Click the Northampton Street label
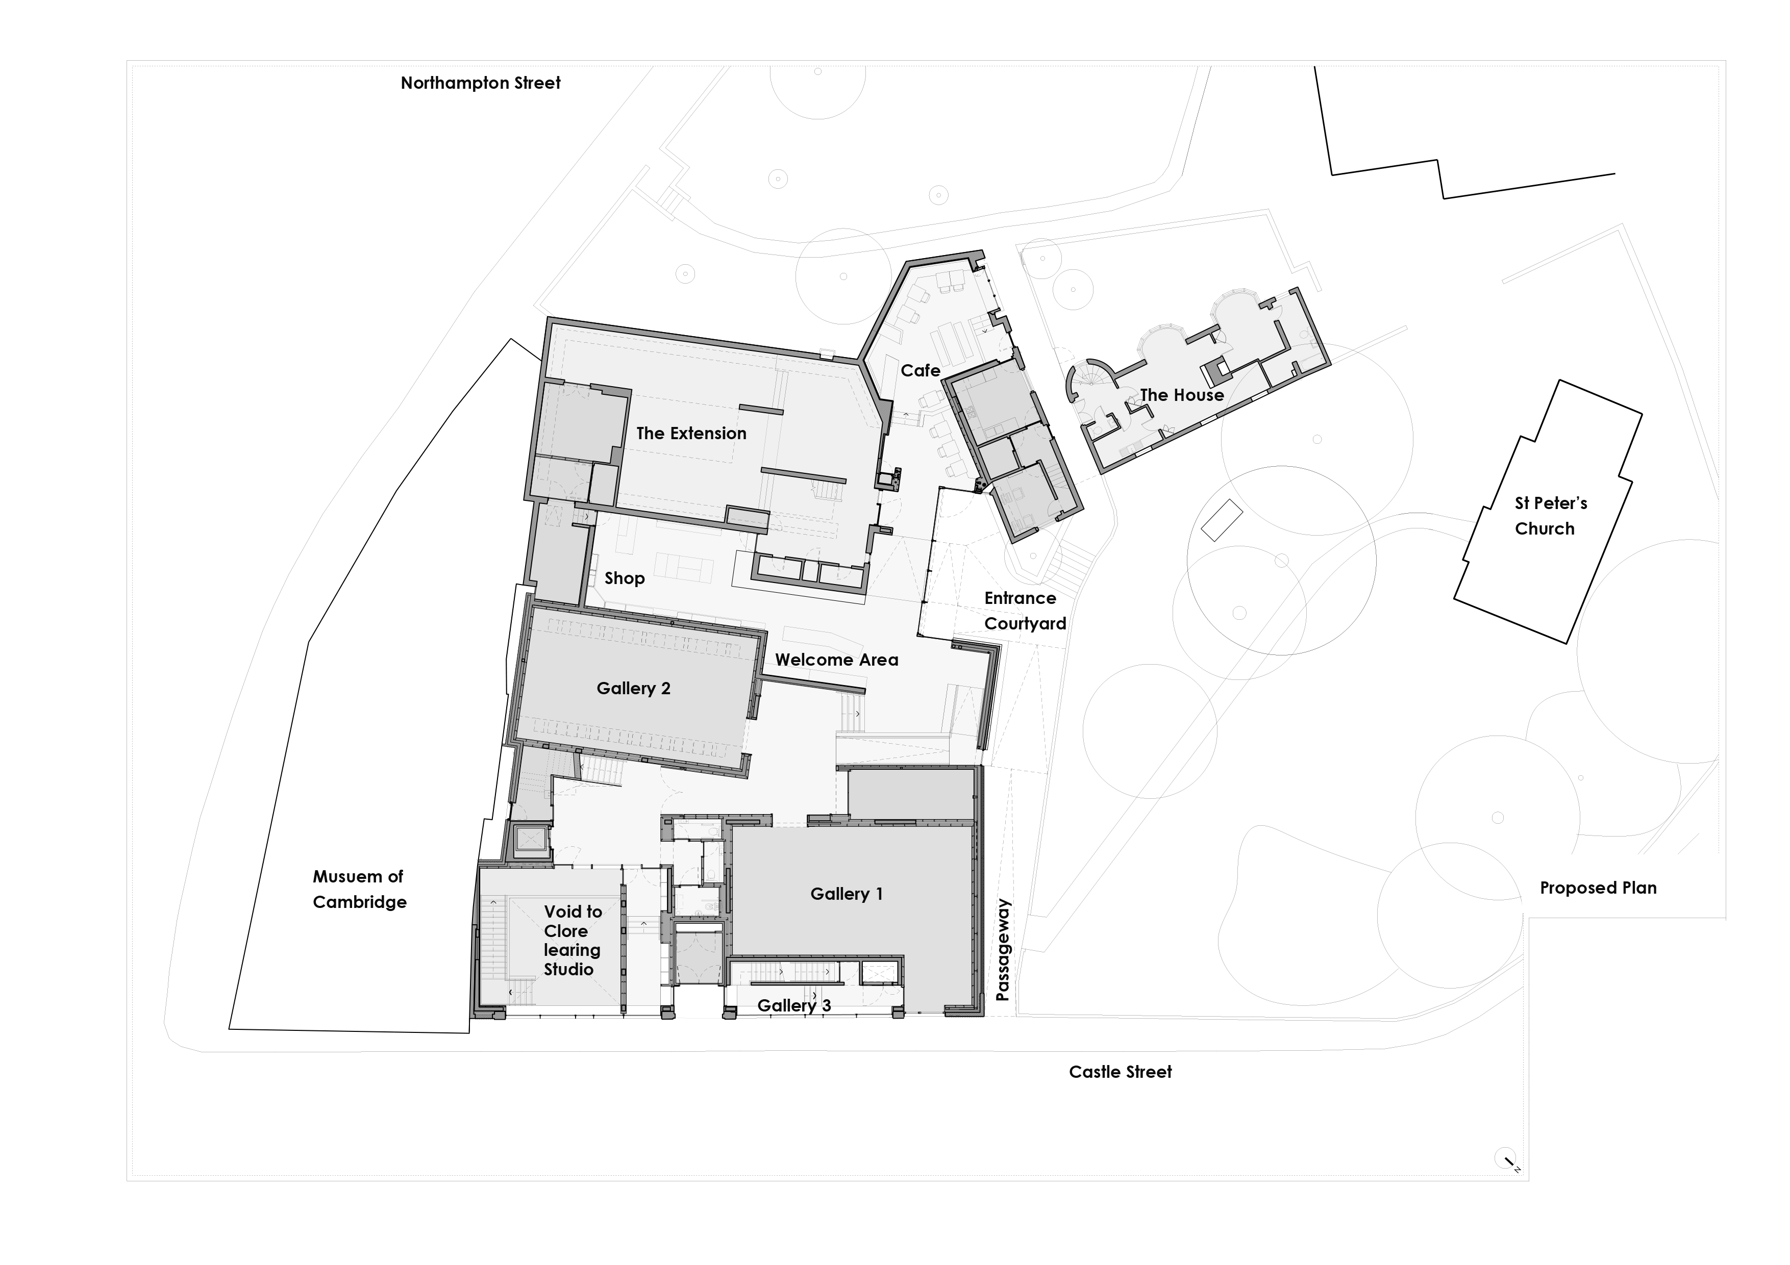pos(480,83)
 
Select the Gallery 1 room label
pos(846,894)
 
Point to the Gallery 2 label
pos(633,688)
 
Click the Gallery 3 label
pos(793,1005)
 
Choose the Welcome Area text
pos(836,660)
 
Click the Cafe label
pos(920,371)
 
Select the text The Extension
pos(691,434)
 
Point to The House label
pos(1181,395)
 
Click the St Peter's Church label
pos(1550,516)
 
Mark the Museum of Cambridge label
pos(359,889)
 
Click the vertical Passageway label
pos(1003,949)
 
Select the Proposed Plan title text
pos(1598,888)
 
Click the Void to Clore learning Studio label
pos(571,940)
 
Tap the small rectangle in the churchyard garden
pos(1221,521)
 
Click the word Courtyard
pos(1025,623)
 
